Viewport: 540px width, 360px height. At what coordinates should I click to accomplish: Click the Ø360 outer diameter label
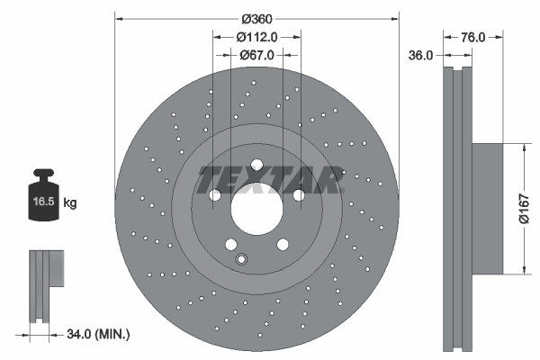[256, 18]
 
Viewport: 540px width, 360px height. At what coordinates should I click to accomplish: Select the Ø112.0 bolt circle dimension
[256, 37]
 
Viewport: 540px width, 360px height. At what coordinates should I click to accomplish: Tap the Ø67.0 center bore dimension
[256, 55]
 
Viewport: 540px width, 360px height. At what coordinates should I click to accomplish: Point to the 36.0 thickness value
[421, 55]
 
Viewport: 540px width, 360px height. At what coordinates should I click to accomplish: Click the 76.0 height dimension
[473, 37]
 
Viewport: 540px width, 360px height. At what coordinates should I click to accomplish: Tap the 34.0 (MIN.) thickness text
[98, 335]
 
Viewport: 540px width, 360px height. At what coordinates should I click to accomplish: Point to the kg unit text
[70, 203]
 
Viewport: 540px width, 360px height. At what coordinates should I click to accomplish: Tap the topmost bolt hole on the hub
[256, 165]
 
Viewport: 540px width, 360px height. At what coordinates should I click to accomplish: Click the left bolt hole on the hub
[215, 195]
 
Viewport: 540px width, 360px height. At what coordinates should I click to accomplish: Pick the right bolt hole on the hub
[298, 195]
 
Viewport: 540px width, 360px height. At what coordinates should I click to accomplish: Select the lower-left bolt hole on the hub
[231, 244]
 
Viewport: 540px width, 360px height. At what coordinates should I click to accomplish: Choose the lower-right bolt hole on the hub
[282, 244]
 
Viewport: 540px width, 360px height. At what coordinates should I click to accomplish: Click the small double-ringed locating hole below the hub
[240, 260]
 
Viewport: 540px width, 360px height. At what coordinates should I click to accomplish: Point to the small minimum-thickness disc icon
[44, 286]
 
